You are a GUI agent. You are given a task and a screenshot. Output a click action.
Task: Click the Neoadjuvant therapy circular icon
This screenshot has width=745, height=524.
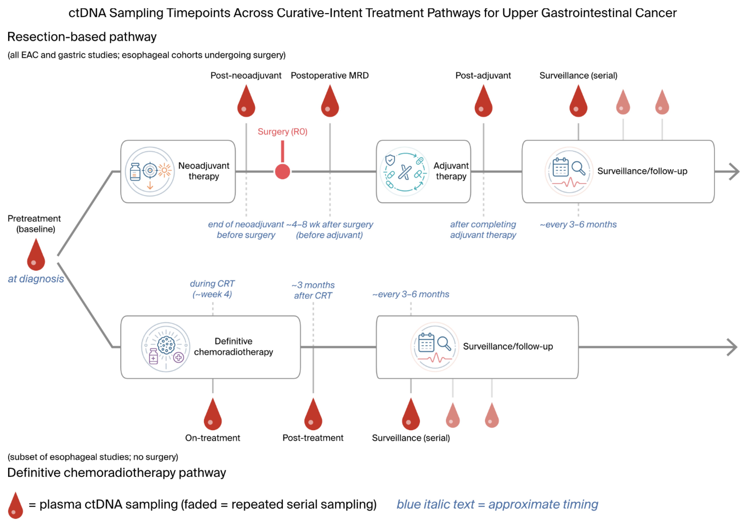(150, 171)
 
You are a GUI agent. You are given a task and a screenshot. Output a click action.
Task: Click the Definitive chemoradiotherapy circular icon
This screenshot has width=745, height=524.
(166, 347)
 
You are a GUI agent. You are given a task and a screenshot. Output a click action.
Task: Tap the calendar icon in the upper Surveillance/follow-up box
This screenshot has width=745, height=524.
(560, 167)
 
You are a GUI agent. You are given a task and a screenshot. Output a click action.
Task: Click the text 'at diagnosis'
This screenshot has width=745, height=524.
(36, 279)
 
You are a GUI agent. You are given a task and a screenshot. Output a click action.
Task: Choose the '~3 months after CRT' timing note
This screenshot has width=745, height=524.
(313, 290)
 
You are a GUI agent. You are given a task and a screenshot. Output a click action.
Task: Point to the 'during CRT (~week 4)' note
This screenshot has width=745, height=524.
(212, 289)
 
